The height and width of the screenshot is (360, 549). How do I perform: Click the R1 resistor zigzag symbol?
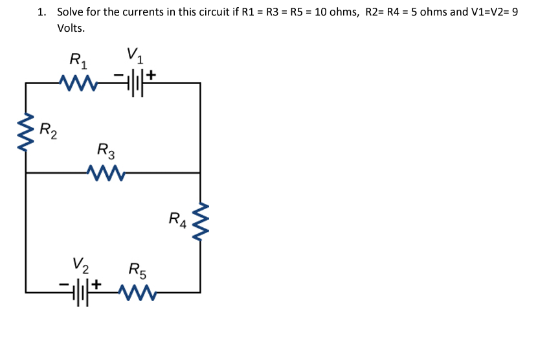(x=77, y=83)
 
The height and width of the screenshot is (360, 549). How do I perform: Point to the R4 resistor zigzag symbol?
(x=200, y=222)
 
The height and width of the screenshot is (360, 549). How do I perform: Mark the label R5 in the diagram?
(x=138, y=269)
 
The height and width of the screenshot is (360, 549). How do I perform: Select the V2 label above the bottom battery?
(x=81, y=264)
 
